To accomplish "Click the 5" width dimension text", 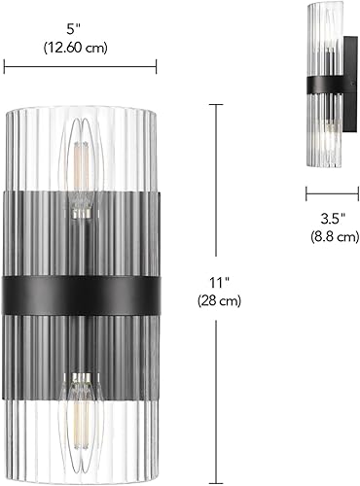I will pos(80,28).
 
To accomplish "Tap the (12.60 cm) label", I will pos(80,45).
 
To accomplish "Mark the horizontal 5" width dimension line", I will pos(80,66).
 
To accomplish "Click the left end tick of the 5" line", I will pos(5,66).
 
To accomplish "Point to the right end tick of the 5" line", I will pos(156,66).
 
